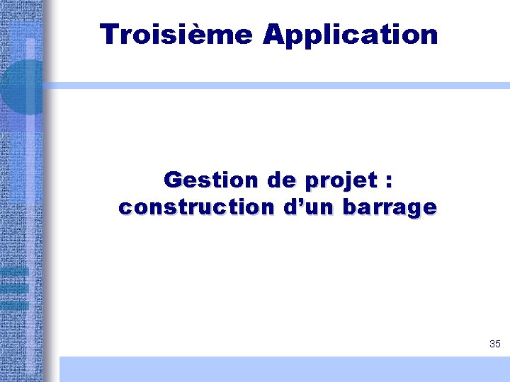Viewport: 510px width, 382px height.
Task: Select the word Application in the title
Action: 350,35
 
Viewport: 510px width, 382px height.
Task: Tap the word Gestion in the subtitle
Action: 210,180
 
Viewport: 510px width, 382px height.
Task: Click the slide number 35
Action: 494,345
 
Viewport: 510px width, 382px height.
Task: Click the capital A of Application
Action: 273,34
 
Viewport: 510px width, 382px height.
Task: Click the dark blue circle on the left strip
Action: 21,87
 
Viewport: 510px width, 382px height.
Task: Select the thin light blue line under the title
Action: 276,86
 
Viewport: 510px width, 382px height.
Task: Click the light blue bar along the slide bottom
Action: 283,369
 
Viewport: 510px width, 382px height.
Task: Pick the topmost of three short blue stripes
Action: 14,271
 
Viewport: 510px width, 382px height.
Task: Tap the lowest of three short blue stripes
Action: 14,305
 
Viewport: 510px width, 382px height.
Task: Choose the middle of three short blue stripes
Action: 14,288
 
